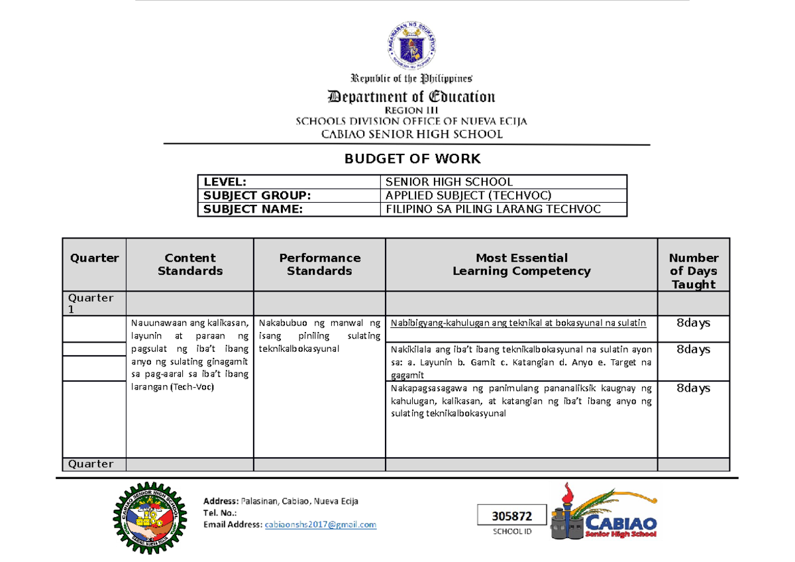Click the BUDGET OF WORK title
pos(411,159)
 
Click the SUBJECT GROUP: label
pos(256,196)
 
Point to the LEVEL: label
pos(225,182)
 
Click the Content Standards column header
pos(190,264)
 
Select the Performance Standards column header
pos(319,264)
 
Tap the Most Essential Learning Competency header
pos(521,264)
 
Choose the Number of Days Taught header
pos(693,270)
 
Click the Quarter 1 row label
pos(94,303)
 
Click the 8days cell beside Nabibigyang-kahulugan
pos(693,323)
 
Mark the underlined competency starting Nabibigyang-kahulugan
pos(519,323)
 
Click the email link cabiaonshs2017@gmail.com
pos(320,525)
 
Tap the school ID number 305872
pos(513,516)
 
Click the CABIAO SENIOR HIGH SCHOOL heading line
pos(411,135)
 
